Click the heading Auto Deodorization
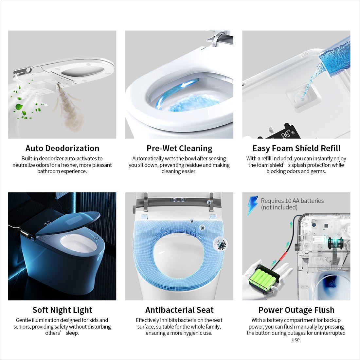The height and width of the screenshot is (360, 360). (62, 148)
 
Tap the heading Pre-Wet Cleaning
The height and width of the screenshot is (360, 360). (179, 148)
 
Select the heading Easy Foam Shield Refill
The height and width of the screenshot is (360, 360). (297, 148)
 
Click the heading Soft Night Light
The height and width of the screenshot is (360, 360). (62, 310)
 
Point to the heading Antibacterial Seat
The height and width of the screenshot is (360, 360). (179, 310)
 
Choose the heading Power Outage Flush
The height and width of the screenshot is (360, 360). (297, 310)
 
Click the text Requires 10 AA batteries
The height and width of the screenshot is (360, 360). (292, 201)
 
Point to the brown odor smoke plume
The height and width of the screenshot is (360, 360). (69, 108)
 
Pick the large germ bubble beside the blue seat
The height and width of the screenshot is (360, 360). (221, 244)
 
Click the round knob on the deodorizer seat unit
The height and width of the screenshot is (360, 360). (29, 70)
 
